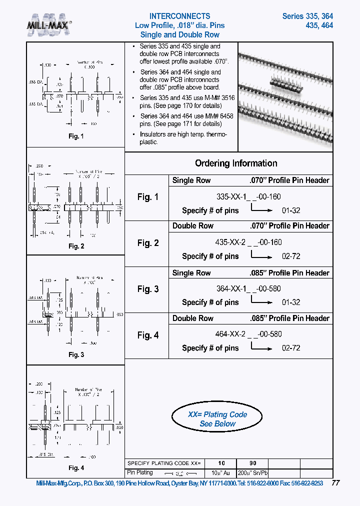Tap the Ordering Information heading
coord(235,163)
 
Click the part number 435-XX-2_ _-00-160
coord(248,242)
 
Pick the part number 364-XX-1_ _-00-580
coord(248,288)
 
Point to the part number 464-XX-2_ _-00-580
coord(248,333)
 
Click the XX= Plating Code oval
coord(217,419)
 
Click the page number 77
coord(335,483)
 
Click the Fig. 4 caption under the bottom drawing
coord(76,468)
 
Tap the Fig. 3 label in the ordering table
coord(148,289)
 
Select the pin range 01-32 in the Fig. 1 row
coord(291,210)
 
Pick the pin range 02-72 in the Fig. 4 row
coord(291,347)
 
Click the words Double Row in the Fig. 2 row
coord(193,226)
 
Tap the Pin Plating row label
coord(140,472)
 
